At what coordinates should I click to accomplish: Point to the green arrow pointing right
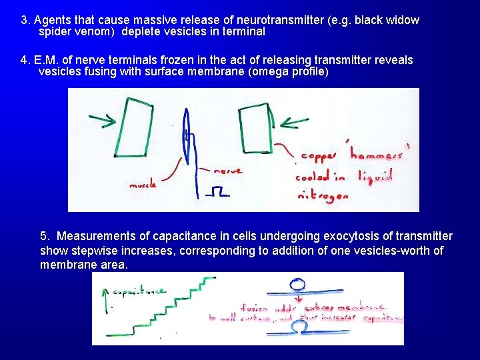click(101, 120)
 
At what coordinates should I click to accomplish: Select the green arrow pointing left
click(293, 122)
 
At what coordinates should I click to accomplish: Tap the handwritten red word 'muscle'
click(143, 185)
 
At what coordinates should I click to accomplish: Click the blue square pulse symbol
click(217, 192)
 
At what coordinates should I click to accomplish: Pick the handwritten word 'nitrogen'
click(323, 196)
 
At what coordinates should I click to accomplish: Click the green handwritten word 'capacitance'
click(139, 292)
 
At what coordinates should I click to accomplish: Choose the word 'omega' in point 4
click(270, 72)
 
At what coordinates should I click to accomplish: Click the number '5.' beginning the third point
click(45, 236)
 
